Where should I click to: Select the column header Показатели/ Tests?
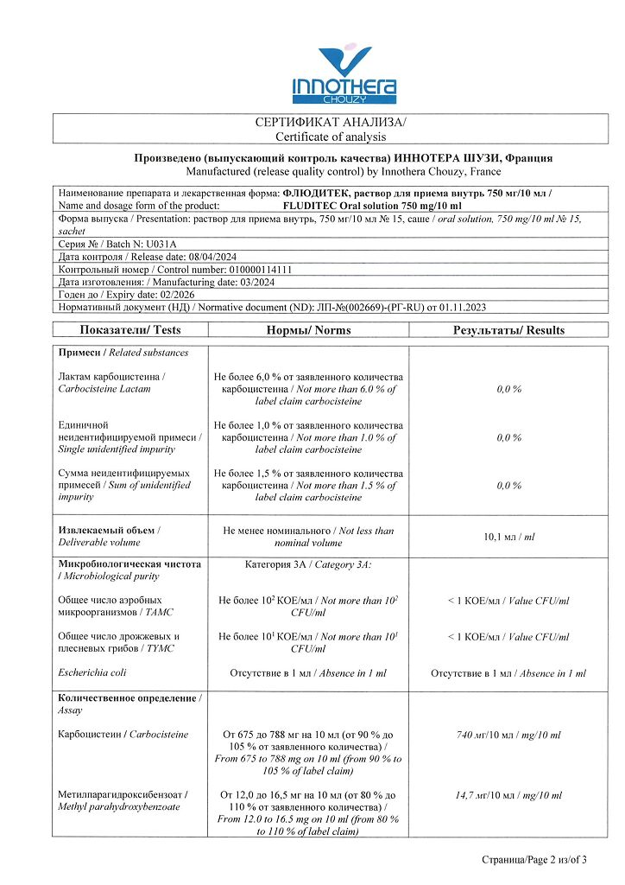130,330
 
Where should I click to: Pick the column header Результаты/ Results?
508,330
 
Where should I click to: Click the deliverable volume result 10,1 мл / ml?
508,537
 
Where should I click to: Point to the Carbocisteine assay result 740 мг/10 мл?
508,735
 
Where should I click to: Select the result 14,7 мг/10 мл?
508,795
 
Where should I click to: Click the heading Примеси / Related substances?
123,353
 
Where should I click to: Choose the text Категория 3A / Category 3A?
308,564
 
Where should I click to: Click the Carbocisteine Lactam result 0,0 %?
508,390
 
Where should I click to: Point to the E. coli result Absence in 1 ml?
508,673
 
